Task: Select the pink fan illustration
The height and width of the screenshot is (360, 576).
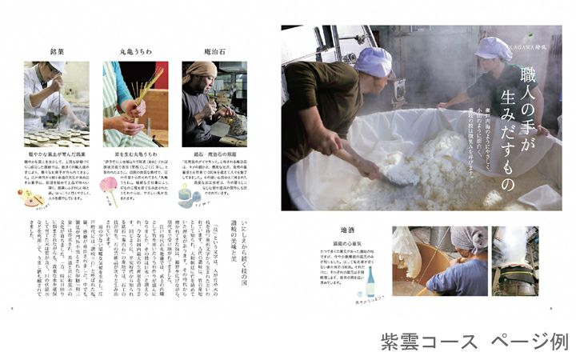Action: point(109,186)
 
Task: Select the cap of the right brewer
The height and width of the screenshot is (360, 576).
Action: point(494,48)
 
